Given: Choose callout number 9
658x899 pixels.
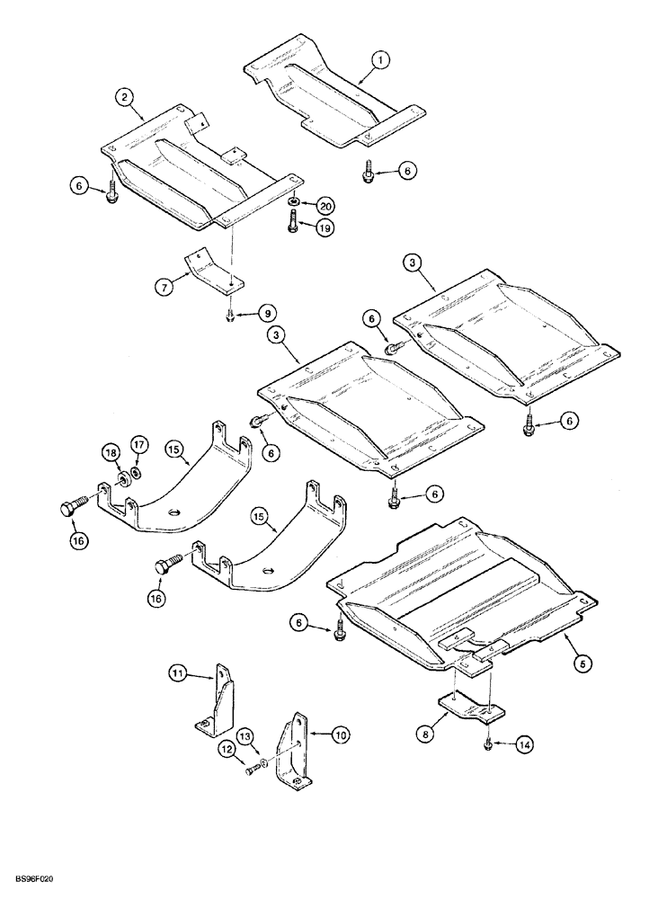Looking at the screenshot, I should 266,314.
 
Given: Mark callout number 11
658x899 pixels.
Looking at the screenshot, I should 178,672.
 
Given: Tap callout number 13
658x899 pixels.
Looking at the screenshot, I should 244,735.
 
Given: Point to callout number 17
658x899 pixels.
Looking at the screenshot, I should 138,443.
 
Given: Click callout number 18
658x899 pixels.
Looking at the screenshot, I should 108,450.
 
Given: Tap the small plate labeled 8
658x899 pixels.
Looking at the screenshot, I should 470,707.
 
